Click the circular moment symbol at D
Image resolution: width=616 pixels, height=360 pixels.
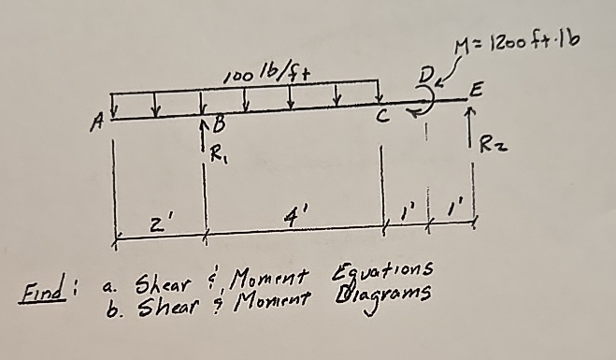click(x=427, y=100)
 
